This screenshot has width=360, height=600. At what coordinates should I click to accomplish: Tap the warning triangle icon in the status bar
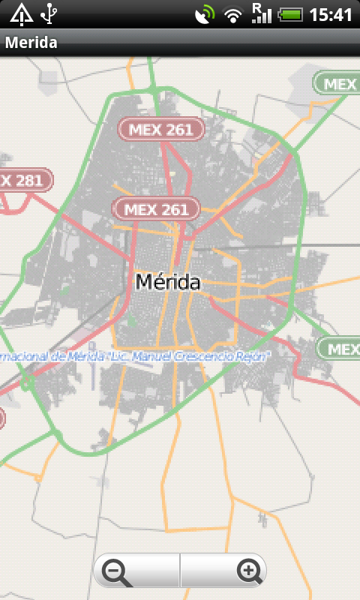(x=22, y=13)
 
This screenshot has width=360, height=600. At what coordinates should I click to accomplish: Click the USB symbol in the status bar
(x=49, y=13)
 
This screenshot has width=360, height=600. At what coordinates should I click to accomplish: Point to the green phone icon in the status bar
(x=204, y=13)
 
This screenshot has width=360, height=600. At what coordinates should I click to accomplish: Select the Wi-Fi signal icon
(x=235, y=13)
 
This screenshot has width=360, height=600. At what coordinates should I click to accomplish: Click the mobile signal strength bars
(x=261, y=13)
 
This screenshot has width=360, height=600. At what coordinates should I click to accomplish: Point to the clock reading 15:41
(x=331, y=14)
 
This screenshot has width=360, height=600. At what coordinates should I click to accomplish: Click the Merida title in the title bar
(x=31, y=43)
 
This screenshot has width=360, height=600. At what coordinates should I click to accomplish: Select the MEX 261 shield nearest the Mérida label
(x=156, y=209)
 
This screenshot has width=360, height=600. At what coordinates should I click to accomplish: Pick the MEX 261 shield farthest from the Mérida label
(x=161, y=129)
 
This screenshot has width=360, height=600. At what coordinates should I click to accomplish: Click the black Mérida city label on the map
(x=168, y=283)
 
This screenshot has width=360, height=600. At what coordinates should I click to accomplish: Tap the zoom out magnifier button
(x=118, y=572)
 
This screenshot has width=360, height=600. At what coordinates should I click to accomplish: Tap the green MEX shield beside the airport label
(x=339, y=349)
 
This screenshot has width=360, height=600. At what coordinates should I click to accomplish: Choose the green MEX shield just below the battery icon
(x=336, y=83)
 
